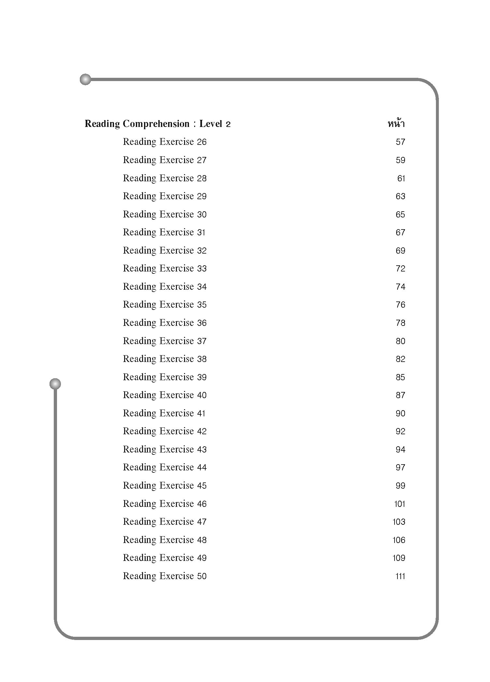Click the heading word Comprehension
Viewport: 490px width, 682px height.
(x=156, y=124)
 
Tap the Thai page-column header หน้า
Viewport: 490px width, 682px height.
(x=396, y=123)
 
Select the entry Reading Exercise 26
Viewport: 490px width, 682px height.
(x=165, y=142)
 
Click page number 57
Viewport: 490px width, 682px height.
(x=400, y=142)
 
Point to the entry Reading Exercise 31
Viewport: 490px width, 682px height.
(x=164, y=232)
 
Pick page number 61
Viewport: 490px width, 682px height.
(x=401, y=178)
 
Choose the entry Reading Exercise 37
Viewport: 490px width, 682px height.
(x=165, y=341)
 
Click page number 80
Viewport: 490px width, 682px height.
(x=400, y=341)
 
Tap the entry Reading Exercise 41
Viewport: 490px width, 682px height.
(x=164, y=413)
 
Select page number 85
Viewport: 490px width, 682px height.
(x=400, y=377)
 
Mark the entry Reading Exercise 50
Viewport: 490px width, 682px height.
(x=165, y=576)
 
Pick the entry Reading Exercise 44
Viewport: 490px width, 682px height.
(x=165, y=467)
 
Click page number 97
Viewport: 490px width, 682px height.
(x=400, y=467)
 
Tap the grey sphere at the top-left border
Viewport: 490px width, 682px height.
(x=85, y=79)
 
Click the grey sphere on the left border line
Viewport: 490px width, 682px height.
(x=55, y=384)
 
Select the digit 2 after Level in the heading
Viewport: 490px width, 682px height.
(x=228, y=124)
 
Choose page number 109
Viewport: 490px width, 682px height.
(x=399, y=558)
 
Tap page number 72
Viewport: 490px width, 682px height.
(x=400, y=269)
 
